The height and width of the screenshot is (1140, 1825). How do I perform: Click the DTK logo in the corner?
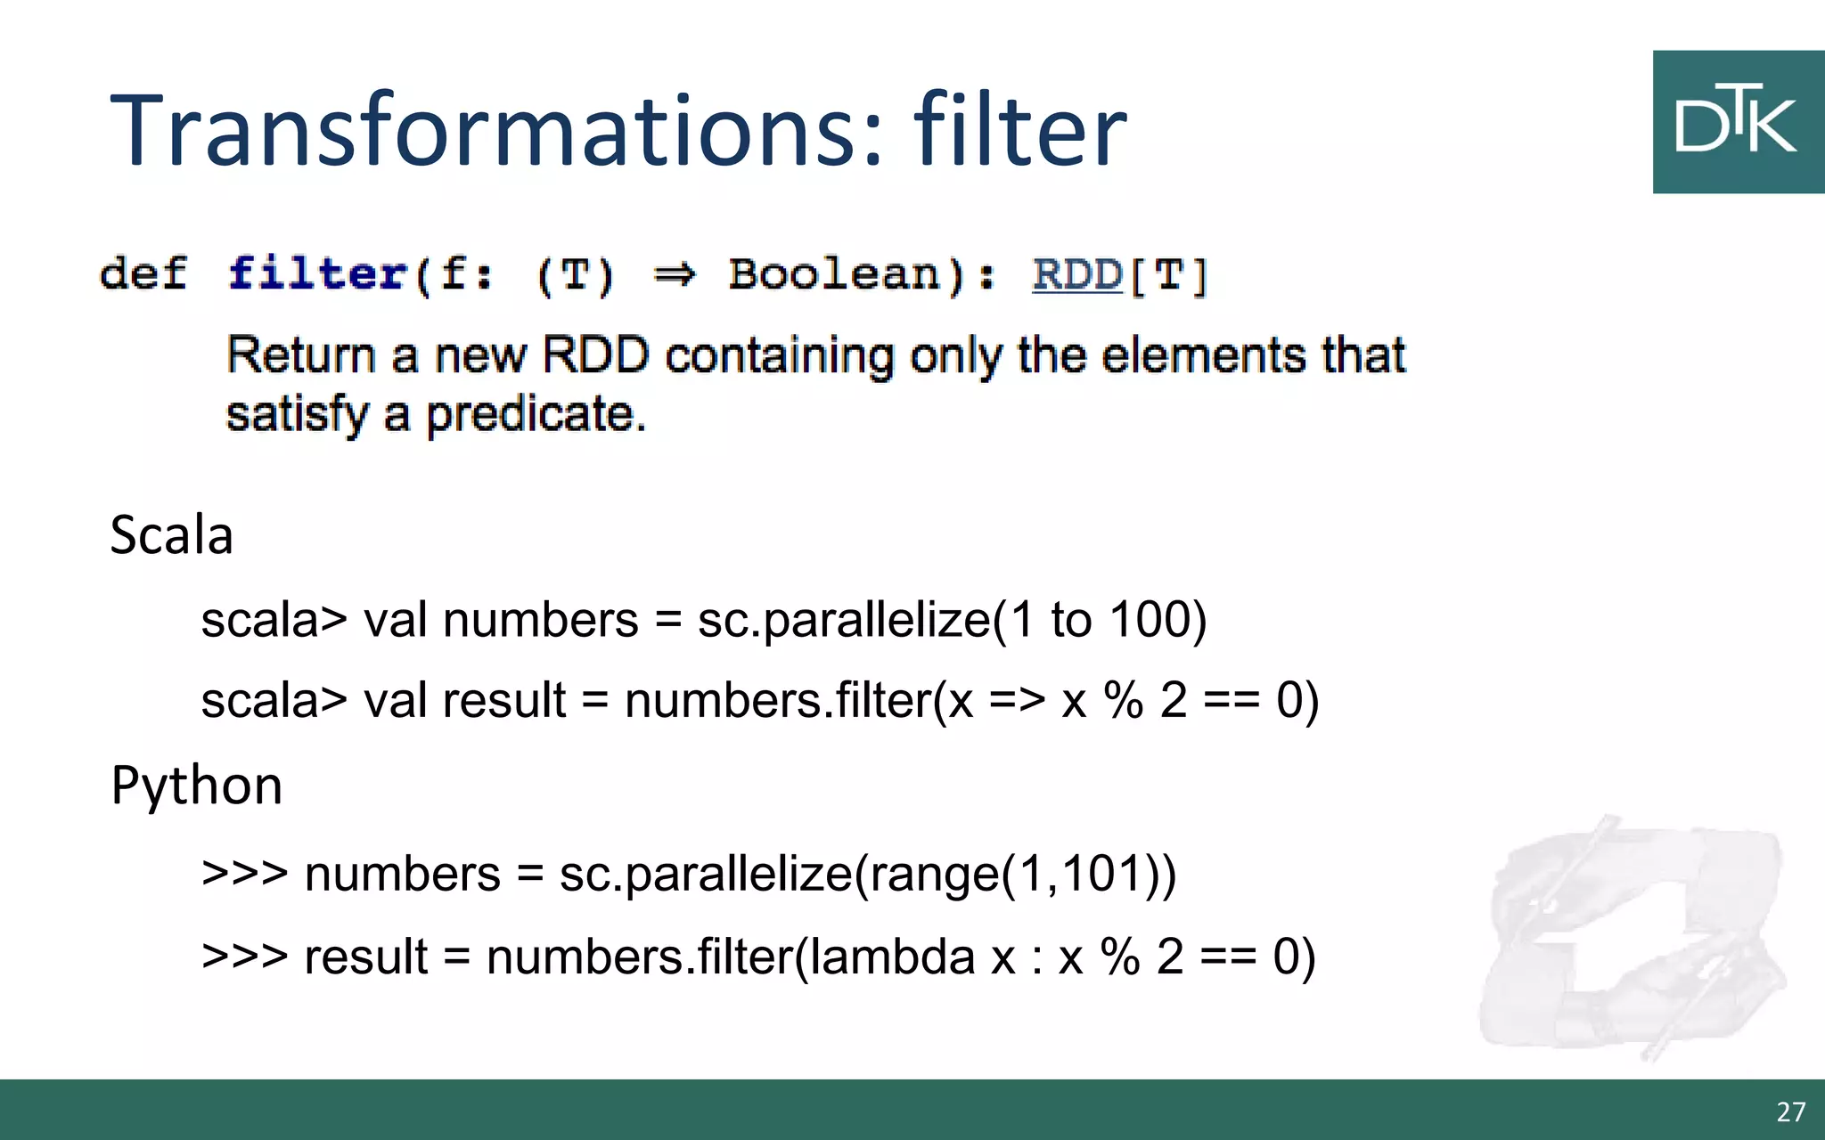click(1737, 122)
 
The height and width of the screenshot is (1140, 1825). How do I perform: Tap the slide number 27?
click(1790, 1111)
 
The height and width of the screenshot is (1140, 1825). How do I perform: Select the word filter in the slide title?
click(1020, 130)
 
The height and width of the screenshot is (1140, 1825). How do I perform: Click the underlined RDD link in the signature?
click(1076, 274)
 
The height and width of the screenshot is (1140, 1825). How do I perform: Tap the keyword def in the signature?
click(143, 273)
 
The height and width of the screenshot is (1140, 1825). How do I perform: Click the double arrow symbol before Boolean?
click(674, 274)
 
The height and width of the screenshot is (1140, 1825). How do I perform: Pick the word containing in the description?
click(779, 355)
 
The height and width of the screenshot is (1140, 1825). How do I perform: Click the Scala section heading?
click(171, 535)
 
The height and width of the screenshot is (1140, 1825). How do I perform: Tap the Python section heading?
click(196, 786)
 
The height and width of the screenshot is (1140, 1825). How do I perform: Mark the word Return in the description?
click(300, 355)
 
